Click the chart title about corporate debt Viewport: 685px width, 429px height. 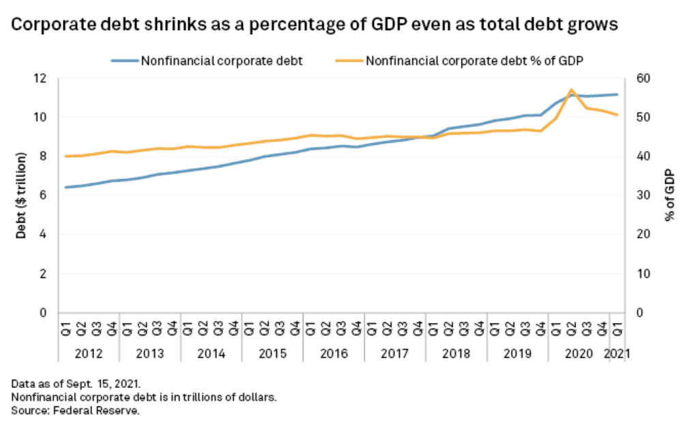(x=314, y=26)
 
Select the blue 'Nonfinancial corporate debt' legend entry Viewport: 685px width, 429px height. (x=222, y=60)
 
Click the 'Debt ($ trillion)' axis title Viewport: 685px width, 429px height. (x=21, y=195)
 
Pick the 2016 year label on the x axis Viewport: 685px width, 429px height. (x=333, y=355)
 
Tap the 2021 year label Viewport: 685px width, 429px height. (x=617, y=355)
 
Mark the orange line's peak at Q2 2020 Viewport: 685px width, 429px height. (x=571, y=89)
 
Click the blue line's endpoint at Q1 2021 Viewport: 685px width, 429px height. (x=617, y=94)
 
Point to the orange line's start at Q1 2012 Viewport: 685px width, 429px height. (x=65, y=156)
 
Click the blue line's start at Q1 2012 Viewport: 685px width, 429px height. (x=65, y=187)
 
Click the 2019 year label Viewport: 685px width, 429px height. (x=517, y=355)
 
